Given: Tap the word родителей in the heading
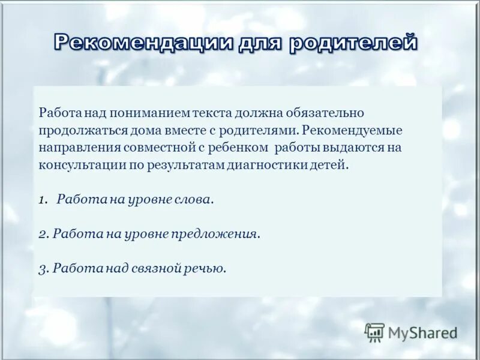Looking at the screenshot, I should pos(353,43).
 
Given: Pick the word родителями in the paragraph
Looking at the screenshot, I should pos(266,130).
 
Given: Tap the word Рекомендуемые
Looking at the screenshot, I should pos(352,130).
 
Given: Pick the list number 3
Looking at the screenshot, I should pos(43,269).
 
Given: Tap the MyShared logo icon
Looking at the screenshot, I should pos(374,332).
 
